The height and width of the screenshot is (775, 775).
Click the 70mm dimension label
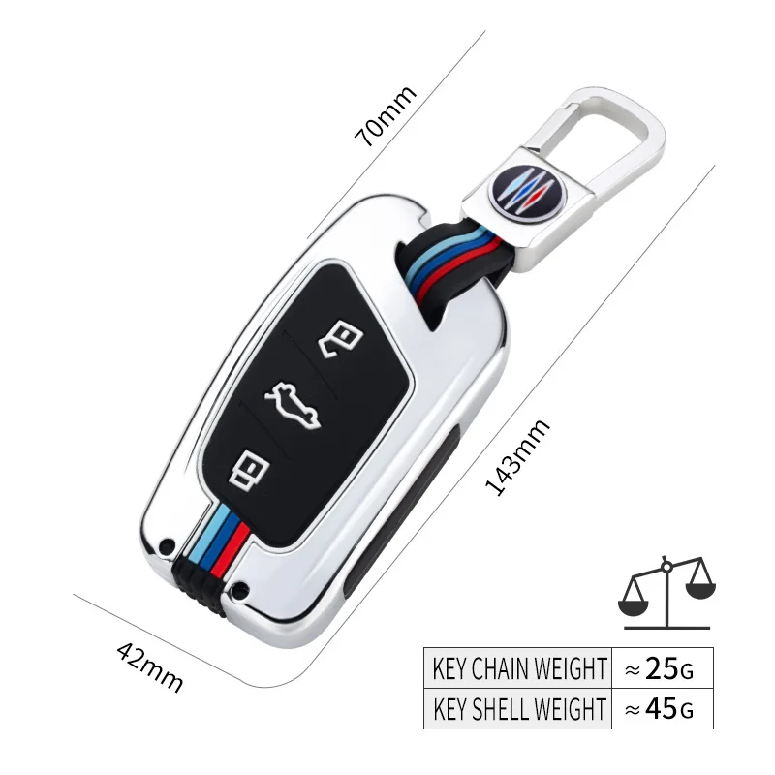386,115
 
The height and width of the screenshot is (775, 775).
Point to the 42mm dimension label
149,665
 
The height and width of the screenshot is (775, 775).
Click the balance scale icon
666,588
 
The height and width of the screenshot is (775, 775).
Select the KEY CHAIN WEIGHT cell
519,667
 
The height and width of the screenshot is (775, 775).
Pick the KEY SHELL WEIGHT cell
519,708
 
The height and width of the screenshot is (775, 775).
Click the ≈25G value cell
661,667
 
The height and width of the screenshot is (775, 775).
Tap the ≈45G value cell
661,708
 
